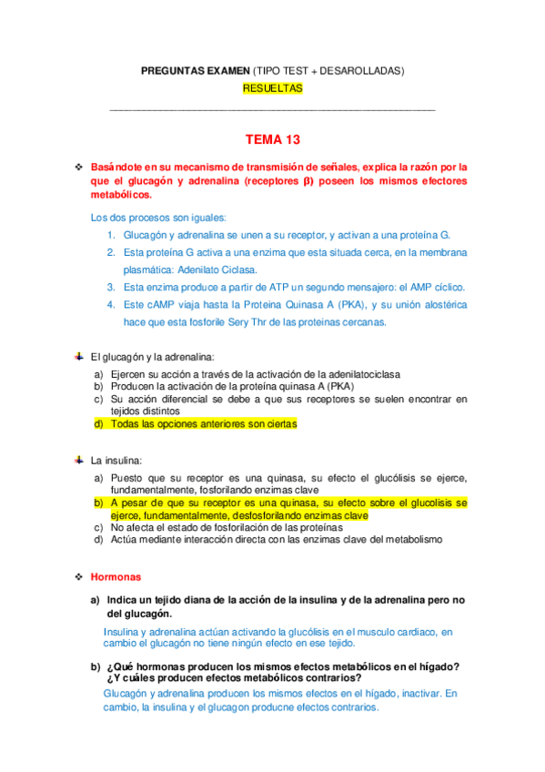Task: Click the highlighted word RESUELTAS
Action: pos(272,88)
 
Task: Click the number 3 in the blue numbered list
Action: pos(109,286)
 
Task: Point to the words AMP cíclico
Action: pos(436,286)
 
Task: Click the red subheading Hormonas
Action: pos(116,576)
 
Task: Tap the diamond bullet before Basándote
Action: pos(79,167)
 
